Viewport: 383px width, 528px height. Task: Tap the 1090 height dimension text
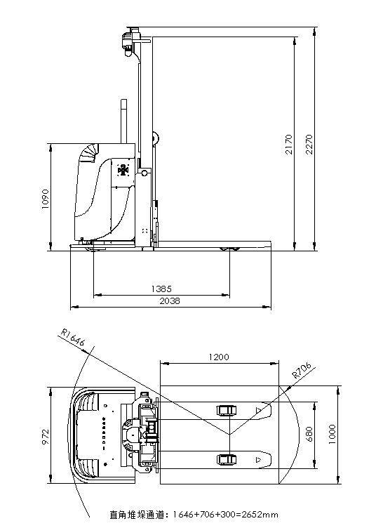(46, 199)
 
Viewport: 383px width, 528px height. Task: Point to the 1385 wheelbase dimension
(161, 289)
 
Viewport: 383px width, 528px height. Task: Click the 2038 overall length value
(170, 301)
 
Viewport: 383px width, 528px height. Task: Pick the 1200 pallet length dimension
(219, 357)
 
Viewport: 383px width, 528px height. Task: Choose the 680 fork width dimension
(309, 435)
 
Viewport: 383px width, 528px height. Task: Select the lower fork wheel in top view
(227, 459)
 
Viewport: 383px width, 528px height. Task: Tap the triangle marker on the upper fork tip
(261, 410)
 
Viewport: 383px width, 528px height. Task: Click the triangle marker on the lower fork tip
(261, 460)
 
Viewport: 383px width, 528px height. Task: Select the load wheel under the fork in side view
(229, 249)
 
